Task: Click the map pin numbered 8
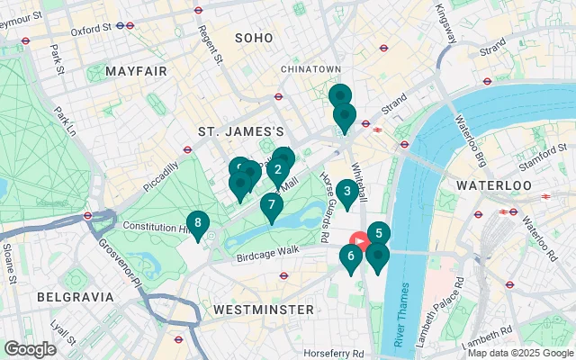point(197,223)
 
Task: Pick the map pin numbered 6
point(351,256)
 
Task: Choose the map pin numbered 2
point(279,169)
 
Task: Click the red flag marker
point(360,241)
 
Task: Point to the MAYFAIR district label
point(136,70)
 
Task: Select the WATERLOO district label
point(494,184)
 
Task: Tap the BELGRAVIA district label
point(76,296)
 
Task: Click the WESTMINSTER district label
point(265,310)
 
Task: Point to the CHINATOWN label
point(310,68)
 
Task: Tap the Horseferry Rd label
point(333,353)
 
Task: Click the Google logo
point(30,349)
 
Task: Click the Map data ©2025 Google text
point(520,353)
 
